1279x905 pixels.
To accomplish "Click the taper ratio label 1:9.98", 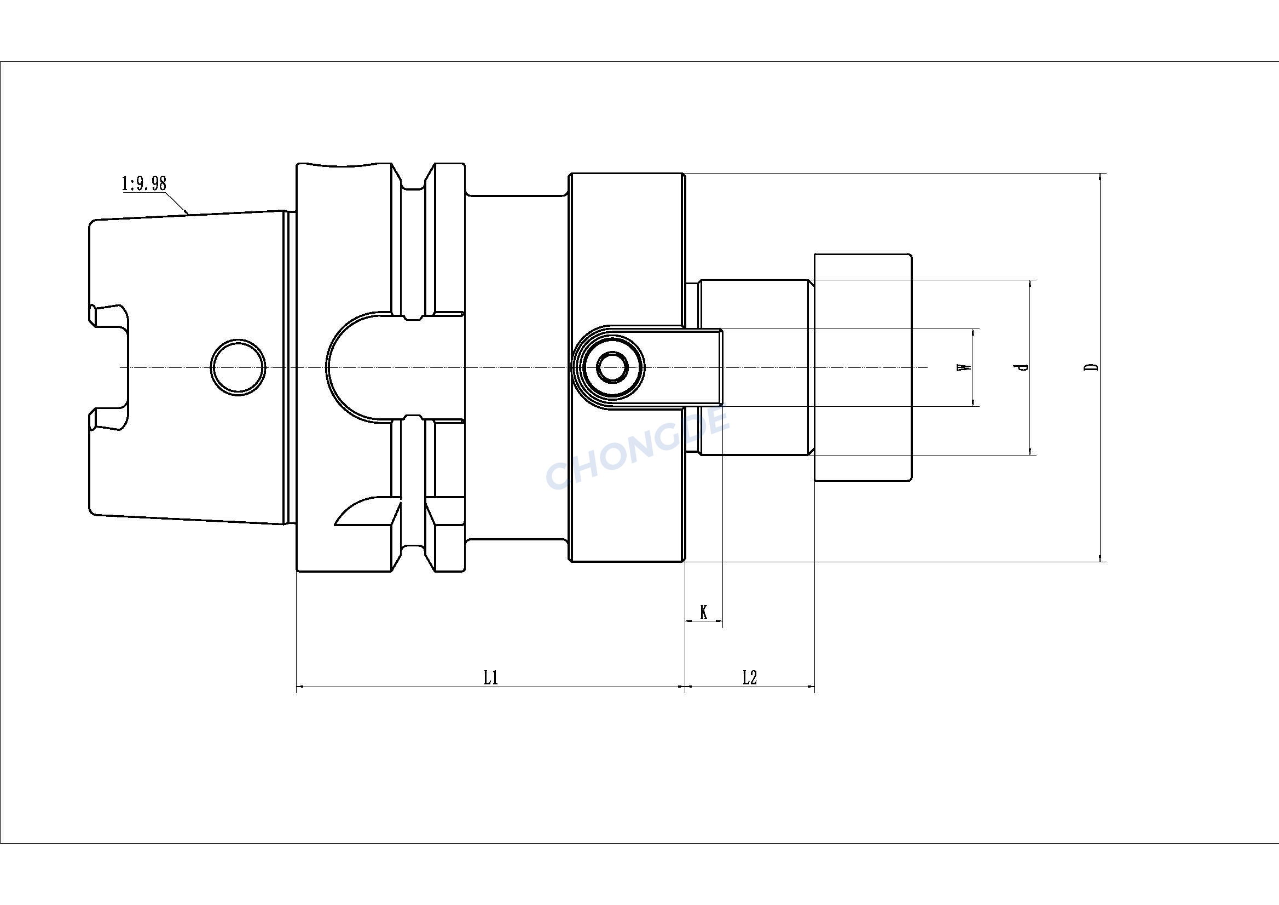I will pos(144,183).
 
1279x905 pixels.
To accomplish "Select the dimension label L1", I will pos(490,678).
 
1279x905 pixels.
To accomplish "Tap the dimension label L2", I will pos(750,678).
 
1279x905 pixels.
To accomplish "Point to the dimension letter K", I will pos(704,613).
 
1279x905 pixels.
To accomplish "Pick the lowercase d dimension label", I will pos(1021,367).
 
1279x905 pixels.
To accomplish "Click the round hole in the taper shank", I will pos(238,367).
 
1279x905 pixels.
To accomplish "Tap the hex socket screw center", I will pos(612,367).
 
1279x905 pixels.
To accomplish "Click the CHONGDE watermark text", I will pos(638,449).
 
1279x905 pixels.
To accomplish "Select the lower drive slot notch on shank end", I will pos(108,419).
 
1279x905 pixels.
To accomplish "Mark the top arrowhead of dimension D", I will pos(1100,177).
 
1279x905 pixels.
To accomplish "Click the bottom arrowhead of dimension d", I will pos(1029,451).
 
